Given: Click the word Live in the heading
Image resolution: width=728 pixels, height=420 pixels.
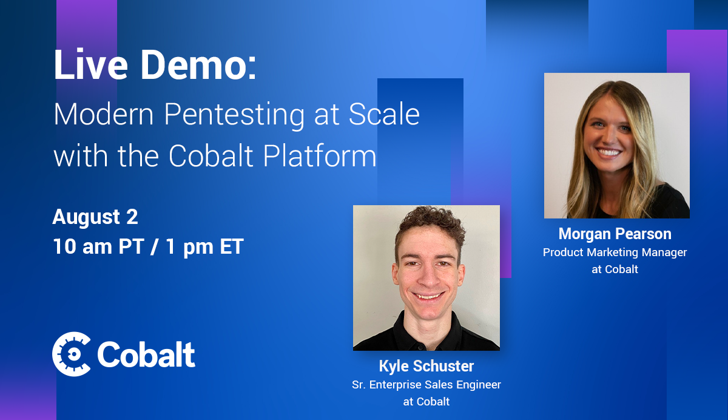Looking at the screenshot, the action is click(90, 64).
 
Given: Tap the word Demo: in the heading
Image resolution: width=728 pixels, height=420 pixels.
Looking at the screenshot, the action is click(198, 64).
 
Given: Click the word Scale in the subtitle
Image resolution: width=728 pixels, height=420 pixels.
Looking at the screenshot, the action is click(384, 113).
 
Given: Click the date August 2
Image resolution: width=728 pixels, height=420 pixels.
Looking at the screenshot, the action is click(95, 217).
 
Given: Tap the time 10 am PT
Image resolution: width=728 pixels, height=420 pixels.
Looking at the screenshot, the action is click(98, 246).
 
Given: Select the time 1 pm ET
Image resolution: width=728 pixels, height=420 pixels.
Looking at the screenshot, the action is click(205, 247).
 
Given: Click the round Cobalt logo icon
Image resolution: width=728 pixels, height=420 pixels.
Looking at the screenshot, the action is click(72, 354).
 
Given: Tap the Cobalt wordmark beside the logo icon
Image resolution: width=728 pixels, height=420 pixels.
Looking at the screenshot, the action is click(146, 354).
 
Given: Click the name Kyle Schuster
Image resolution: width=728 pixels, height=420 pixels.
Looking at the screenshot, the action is click(426, 367).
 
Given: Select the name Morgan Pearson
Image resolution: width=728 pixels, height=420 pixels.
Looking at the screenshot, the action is click(615, 234).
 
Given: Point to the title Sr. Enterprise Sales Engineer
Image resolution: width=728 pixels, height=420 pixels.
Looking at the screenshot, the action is click(426, 385).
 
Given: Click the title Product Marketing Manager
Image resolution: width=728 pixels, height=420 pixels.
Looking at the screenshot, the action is click(615, 252).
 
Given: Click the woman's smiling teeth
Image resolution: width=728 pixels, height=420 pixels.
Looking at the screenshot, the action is click(609, 152).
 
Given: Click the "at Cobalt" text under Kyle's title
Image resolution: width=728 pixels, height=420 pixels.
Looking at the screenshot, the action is click(426, 402).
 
